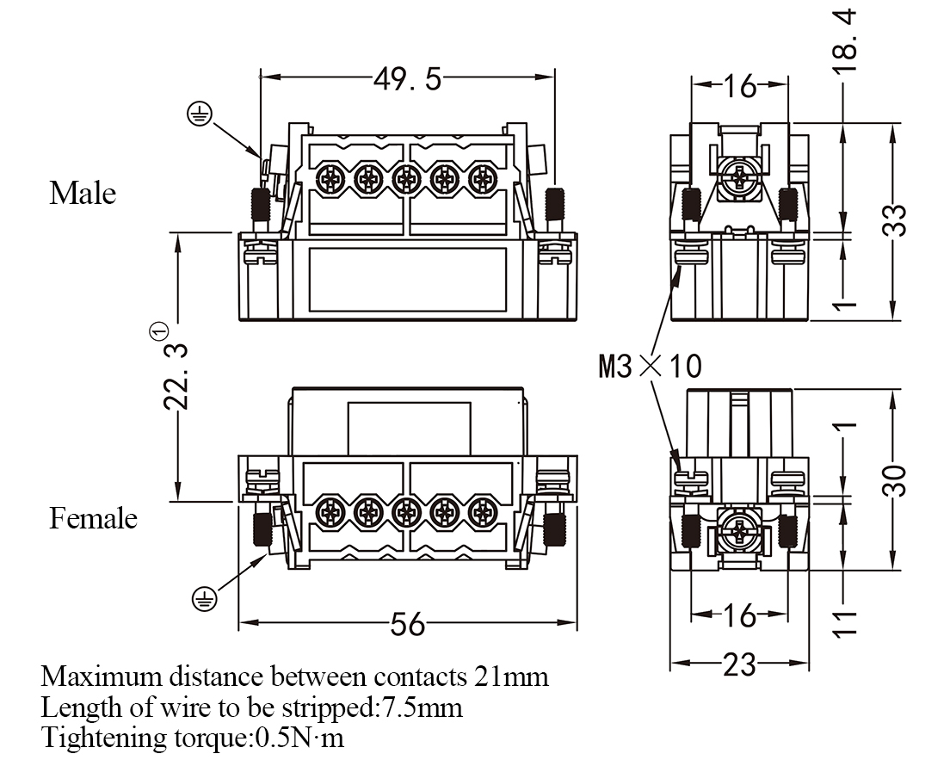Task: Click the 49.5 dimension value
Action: (407, 79)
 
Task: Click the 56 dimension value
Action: (408, 624)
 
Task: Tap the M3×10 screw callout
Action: (651, 367)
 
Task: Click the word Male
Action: (83, 192)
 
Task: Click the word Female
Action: (93, 518)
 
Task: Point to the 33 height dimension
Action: (896, 220)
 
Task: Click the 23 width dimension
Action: (738, 664)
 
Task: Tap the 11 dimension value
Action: (847, 621)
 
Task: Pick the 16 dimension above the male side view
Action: (739, 86)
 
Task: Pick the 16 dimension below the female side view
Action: (739, 615)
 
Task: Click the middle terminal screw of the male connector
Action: (406, 180)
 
